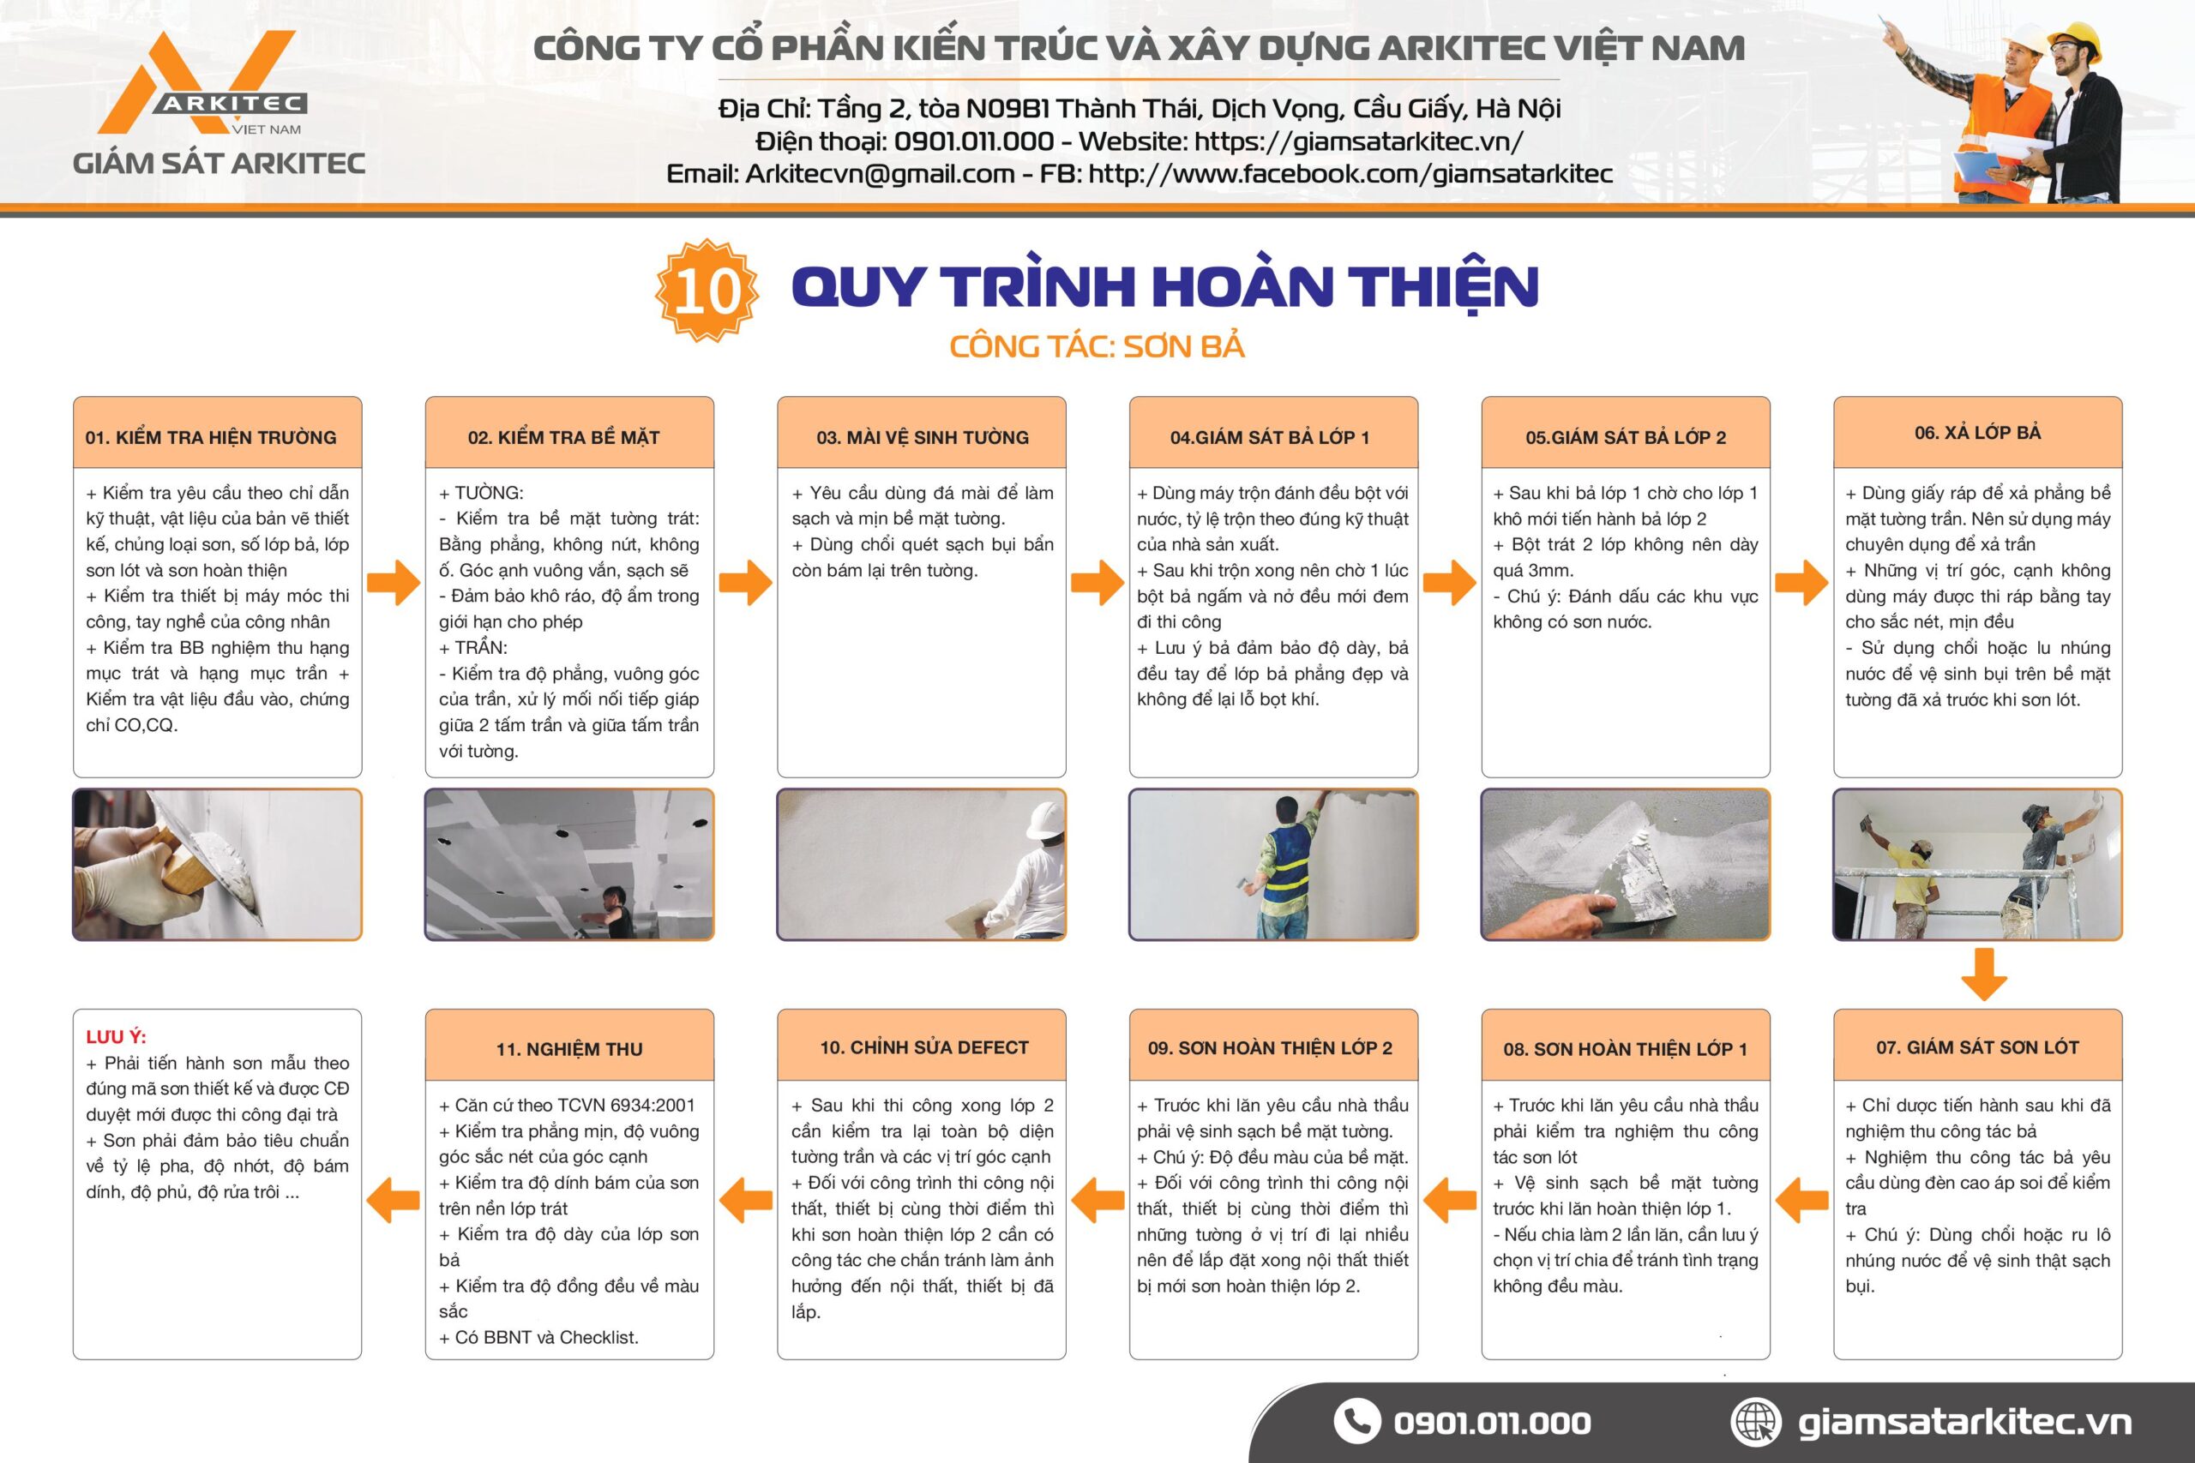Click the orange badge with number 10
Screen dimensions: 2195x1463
(707, 291)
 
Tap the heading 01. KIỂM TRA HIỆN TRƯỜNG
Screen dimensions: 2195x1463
(211, 438)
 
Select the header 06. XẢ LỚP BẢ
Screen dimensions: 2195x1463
(1977, 432)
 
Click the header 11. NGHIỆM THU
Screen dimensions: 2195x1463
(569, 1050)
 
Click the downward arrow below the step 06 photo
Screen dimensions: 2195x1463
(1984, 974)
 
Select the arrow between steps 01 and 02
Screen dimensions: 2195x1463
(394, 583)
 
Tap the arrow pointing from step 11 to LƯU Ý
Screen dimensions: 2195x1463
(394, 1199)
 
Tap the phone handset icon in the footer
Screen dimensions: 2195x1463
(1356, 1421)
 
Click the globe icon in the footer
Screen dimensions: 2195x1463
(1755, 1421)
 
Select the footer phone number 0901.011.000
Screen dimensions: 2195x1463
(1491, 1423)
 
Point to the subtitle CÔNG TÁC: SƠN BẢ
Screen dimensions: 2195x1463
(1097, 346)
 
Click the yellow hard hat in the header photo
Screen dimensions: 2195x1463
(2076, 41)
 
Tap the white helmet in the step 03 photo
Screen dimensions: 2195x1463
(1045, 820)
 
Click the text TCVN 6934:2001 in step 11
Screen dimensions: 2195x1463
(625, 1106)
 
